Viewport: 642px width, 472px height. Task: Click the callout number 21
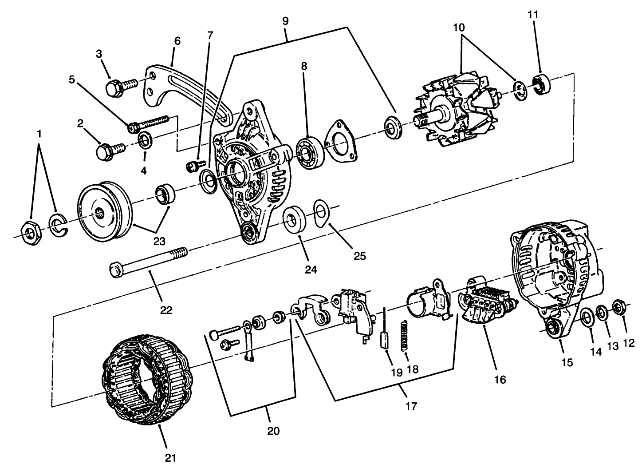[171, 458]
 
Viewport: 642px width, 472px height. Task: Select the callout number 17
[411, 406]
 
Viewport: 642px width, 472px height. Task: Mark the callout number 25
[360, 257]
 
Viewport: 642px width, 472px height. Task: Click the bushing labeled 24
[294, 219]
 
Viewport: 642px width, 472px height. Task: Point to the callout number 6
[177, 41]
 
